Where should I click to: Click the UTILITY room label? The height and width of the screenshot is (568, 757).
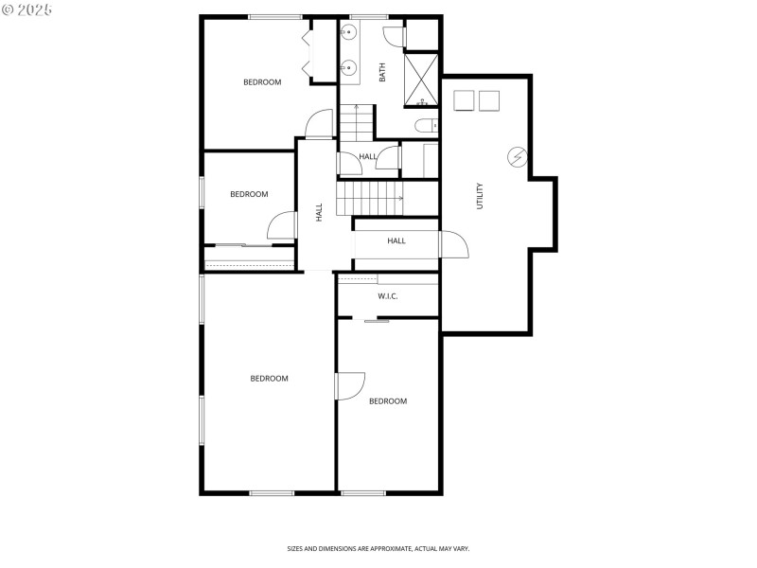(x=480, y=196)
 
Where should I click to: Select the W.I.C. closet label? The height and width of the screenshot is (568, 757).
(x=388, y=296)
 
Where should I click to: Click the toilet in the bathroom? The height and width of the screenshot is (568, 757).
(x=424, y=126)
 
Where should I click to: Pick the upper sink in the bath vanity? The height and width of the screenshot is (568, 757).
(x=349, y=34)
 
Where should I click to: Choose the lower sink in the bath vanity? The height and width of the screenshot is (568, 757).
(x=349, y=67)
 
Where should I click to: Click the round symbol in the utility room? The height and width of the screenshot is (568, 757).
(x=518, y=157)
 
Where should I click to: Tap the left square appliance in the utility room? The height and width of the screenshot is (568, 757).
(x=464, y=100)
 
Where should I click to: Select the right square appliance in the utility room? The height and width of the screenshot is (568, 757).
(x=488, y=100)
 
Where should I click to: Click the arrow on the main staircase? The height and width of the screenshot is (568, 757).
(x=400, y=199)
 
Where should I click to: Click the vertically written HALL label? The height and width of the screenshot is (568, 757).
(x=319, y=213)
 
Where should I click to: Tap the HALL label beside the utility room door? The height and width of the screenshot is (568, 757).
(x=396, y=240)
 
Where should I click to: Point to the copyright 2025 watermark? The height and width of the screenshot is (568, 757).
(x=27, y=9)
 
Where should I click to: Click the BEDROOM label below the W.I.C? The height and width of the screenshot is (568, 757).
(x=388, y=401)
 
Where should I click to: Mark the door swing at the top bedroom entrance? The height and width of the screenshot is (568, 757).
(x=320, y=124)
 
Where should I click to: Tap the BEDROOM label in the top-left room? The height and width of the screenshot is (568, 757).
(x=262, y=82)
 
